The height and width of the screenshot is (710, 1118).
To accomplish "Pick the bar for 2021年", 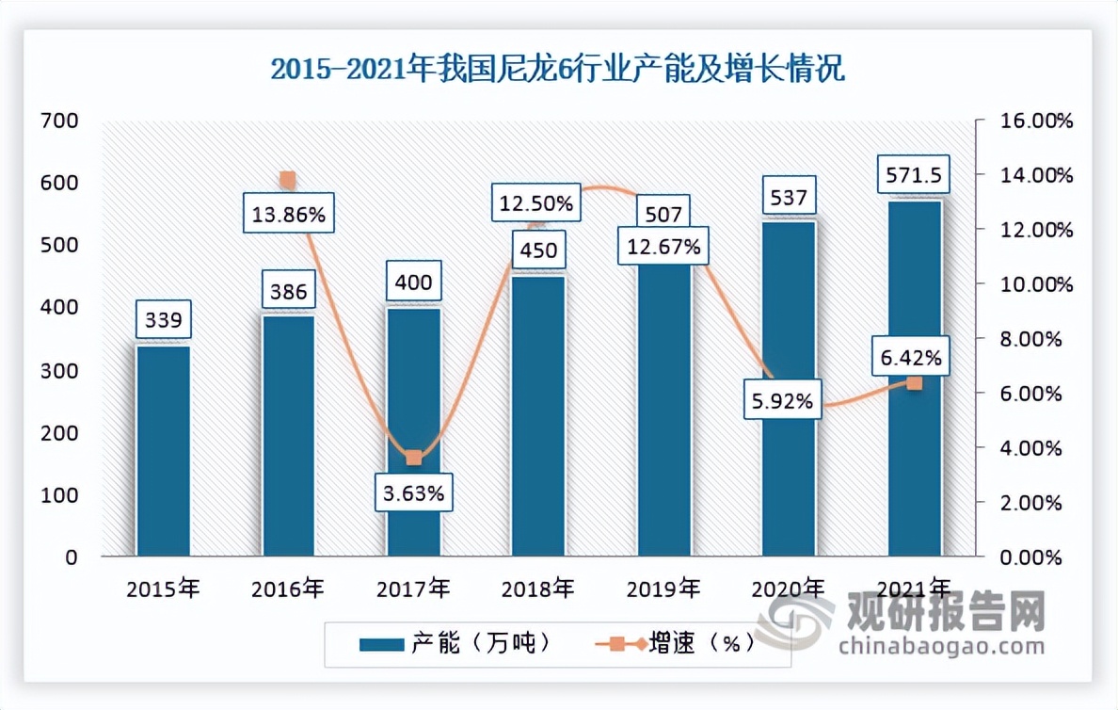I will click(x=914, y=377).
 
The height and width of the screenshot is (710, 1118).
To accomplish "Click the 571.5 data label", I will click(x=914, y=175).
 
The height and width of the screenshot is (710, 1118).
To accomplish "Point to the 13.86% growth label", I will click(x=289, y=215).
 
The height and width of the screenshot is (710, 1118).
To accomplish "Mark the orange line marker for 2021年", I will click(x=914, y=382).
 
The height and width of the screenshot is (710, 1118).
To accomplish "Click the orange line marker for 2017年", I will click(x=414, y=458).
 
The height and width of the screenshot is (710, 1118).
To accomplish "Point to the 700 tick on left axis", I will click(x=58, y=121).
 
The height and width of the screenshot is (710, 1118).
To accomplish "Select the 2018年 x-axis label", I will click(x=538, y=589).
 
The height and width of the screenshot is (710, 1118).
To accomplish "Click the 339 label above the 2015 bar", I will click(x=164, y=321).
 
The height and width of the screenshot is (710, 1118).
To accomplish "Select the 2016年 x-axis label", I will click(x=288, y=589).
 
